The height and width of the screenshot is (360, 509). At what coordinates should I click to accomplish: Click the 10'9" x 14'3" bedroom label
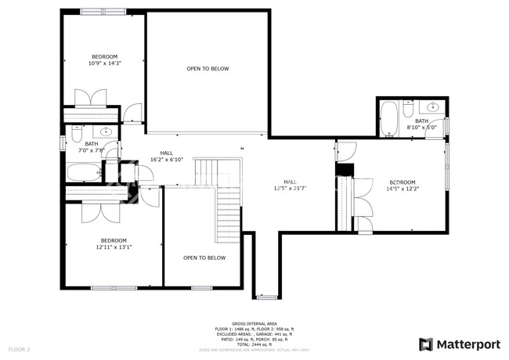(x=104, y=60)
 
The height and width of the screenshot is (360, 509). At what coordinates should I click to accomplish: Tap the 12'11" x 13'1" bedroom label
(x=114, y=243)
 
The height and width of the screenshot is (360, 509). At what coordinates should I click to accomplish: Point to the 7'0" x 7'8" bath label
(x=92, y=147)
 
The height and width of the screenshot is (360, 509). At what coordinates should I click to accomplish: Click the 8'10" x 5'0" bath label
(x=421, y=124)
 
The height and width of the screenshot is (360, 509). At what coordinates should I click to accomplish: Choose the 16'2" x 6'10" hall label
(x=166, y=156)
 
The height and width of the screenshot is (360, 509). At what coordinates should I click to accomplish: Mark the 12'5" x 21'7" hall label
(x=290, y=185)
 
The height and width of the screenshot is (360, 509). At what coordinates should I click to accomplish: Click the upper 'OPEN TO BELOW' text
(x=208, y=69)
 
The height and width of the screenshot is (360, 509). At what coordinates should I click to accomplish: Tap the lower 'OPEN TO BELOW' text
(x=204, y=257)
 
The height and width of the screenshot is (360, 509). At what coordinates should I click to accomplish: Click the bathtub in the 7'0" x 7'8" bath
(x=84, y=173)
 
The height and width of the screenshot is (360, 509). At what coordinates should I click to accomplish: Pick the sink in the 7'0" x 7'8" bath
(x=77, y=131)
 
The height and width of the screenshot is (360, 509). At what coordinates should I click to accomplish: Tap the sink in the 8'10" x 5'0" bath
(x=433, y=107)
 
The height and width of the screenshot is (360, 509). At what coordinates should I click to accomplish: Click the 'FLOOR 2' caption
(x=19, y=348)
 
